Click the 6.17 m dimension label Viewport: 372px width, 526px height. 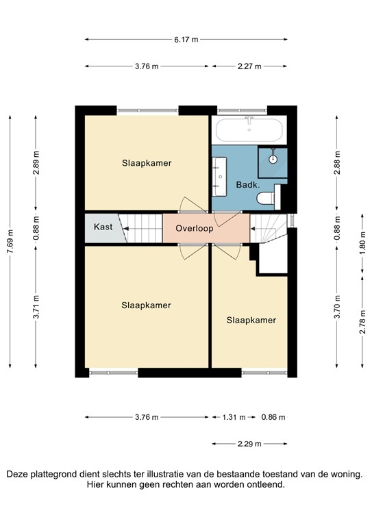(x=186, y=40)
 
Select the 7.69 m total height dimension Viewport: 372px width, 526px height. (x=10, y=241)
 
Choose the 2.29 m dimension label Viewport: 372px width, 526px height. (x=249, y=444)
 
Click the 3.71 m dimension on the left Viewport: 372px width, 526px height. (x=36, y=307)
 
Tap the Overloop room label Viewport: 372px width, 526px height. (x=194, y=229)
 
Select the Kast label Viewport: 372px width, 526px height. (x=103, y=227)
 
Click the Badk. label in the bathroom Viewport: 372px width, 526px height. (x=247, y=185)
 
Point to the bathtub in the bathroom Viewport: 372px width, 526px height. (x=249, y=129)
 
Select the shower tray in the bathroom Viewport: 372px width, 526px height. (x=273, y=159)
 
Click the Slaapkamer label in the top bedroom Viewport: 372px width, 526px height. (x=147, y=163)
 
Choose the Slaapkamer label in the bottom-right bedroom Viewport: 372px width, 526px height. (x=251, y=320)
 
